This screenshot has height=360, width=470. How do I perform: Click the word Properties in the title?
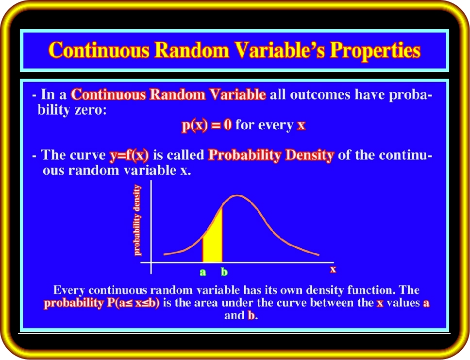click(x=375, y=51)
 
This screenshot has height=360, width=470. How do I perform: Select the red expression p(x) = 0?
click(x=206, y=125)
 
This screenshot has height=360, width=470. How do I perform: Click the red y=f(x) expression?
click(x=129, y=155)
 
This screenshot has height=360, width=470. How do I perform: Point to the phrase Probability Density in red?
click(x=271, y=155)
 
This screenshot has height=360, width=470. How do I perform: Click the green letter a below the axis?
click(x=203, y=272)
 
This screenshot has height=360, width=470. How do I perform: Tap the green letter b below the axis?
click(x=224, y=272)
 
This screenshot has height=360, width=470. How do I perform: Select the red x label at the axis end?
click(x=333, y=270)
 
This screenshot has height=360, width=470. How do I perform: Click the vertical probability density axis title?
click(x=137, y=220)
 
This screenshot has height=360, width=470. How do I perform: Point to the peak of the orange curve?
click(x=237, y=196)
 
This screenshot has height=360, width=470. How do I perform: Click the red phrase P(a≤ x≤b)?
click(x=133, y=303)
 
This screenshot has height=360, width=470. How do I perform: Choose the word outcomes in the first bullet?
click(x=320, y=95)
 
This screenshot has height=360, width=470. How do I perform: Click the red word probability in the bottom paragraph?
click(x=73, y=303)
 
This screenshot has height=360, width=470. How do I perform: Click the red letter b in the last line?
click(x=251, y=315)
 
